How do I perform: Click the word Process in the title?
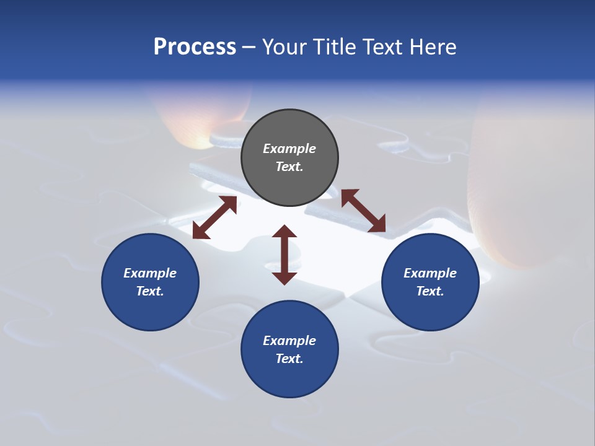point(195,47)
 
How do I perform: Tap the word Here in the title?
point(433,47)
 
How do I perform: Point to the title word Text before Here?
point(383,47)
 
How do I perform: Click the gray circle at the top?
point(289,157)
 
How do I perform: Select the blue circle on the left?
point(150,282)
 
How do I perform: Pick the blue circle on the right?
point(430,282)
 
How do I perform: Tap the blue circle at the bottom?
point(289,349)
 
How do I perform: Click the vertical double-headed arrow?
point(284,255)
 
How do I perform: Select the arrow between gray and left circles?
point(214,217)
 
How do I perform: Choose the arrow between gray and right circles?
point(363,211)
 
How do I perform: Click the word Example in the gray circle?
point(289,149)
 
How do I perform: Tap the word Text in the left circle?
point(150,291)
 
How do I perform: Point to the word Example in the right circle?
point(430,273)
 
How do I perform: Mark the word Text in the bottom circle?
point(289,359)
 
